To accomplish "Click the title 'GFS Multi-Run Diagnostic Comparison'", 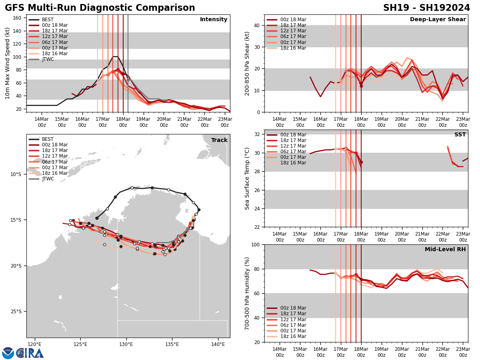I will click(100, 8).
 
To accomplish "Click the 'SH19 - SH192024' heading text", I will click(426, 8).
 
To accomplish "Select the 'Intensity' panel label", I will click(214, 20).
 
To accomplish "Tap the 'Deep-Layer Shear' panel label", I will click(438, 20).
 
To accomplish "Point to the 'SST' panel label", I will click(460, 135).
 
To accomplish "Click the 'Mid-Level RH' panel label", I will click(445, 250).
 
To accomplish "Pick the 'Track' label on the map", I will click(219, 140).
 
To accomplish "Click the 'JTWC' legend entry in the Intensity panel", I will click(48, 59).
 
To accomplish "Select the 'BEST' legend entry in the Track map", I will click(48, 139).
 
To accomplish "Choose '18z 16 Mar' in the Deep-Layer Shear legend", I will click(293, 48).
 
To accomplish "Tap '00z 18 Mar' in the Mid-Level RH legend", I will click(293, 308).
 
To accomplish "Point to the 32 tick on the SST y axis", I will click(258, 134).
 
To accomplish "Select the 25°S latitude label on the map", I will click(16, 312).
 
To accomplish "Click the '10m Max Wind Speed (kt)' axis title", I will click(8, 63).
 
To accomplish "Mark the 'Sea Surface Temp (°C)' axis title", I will click(247, 178).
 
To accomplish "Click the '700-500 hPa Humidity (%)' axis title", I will click(247, 293).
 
